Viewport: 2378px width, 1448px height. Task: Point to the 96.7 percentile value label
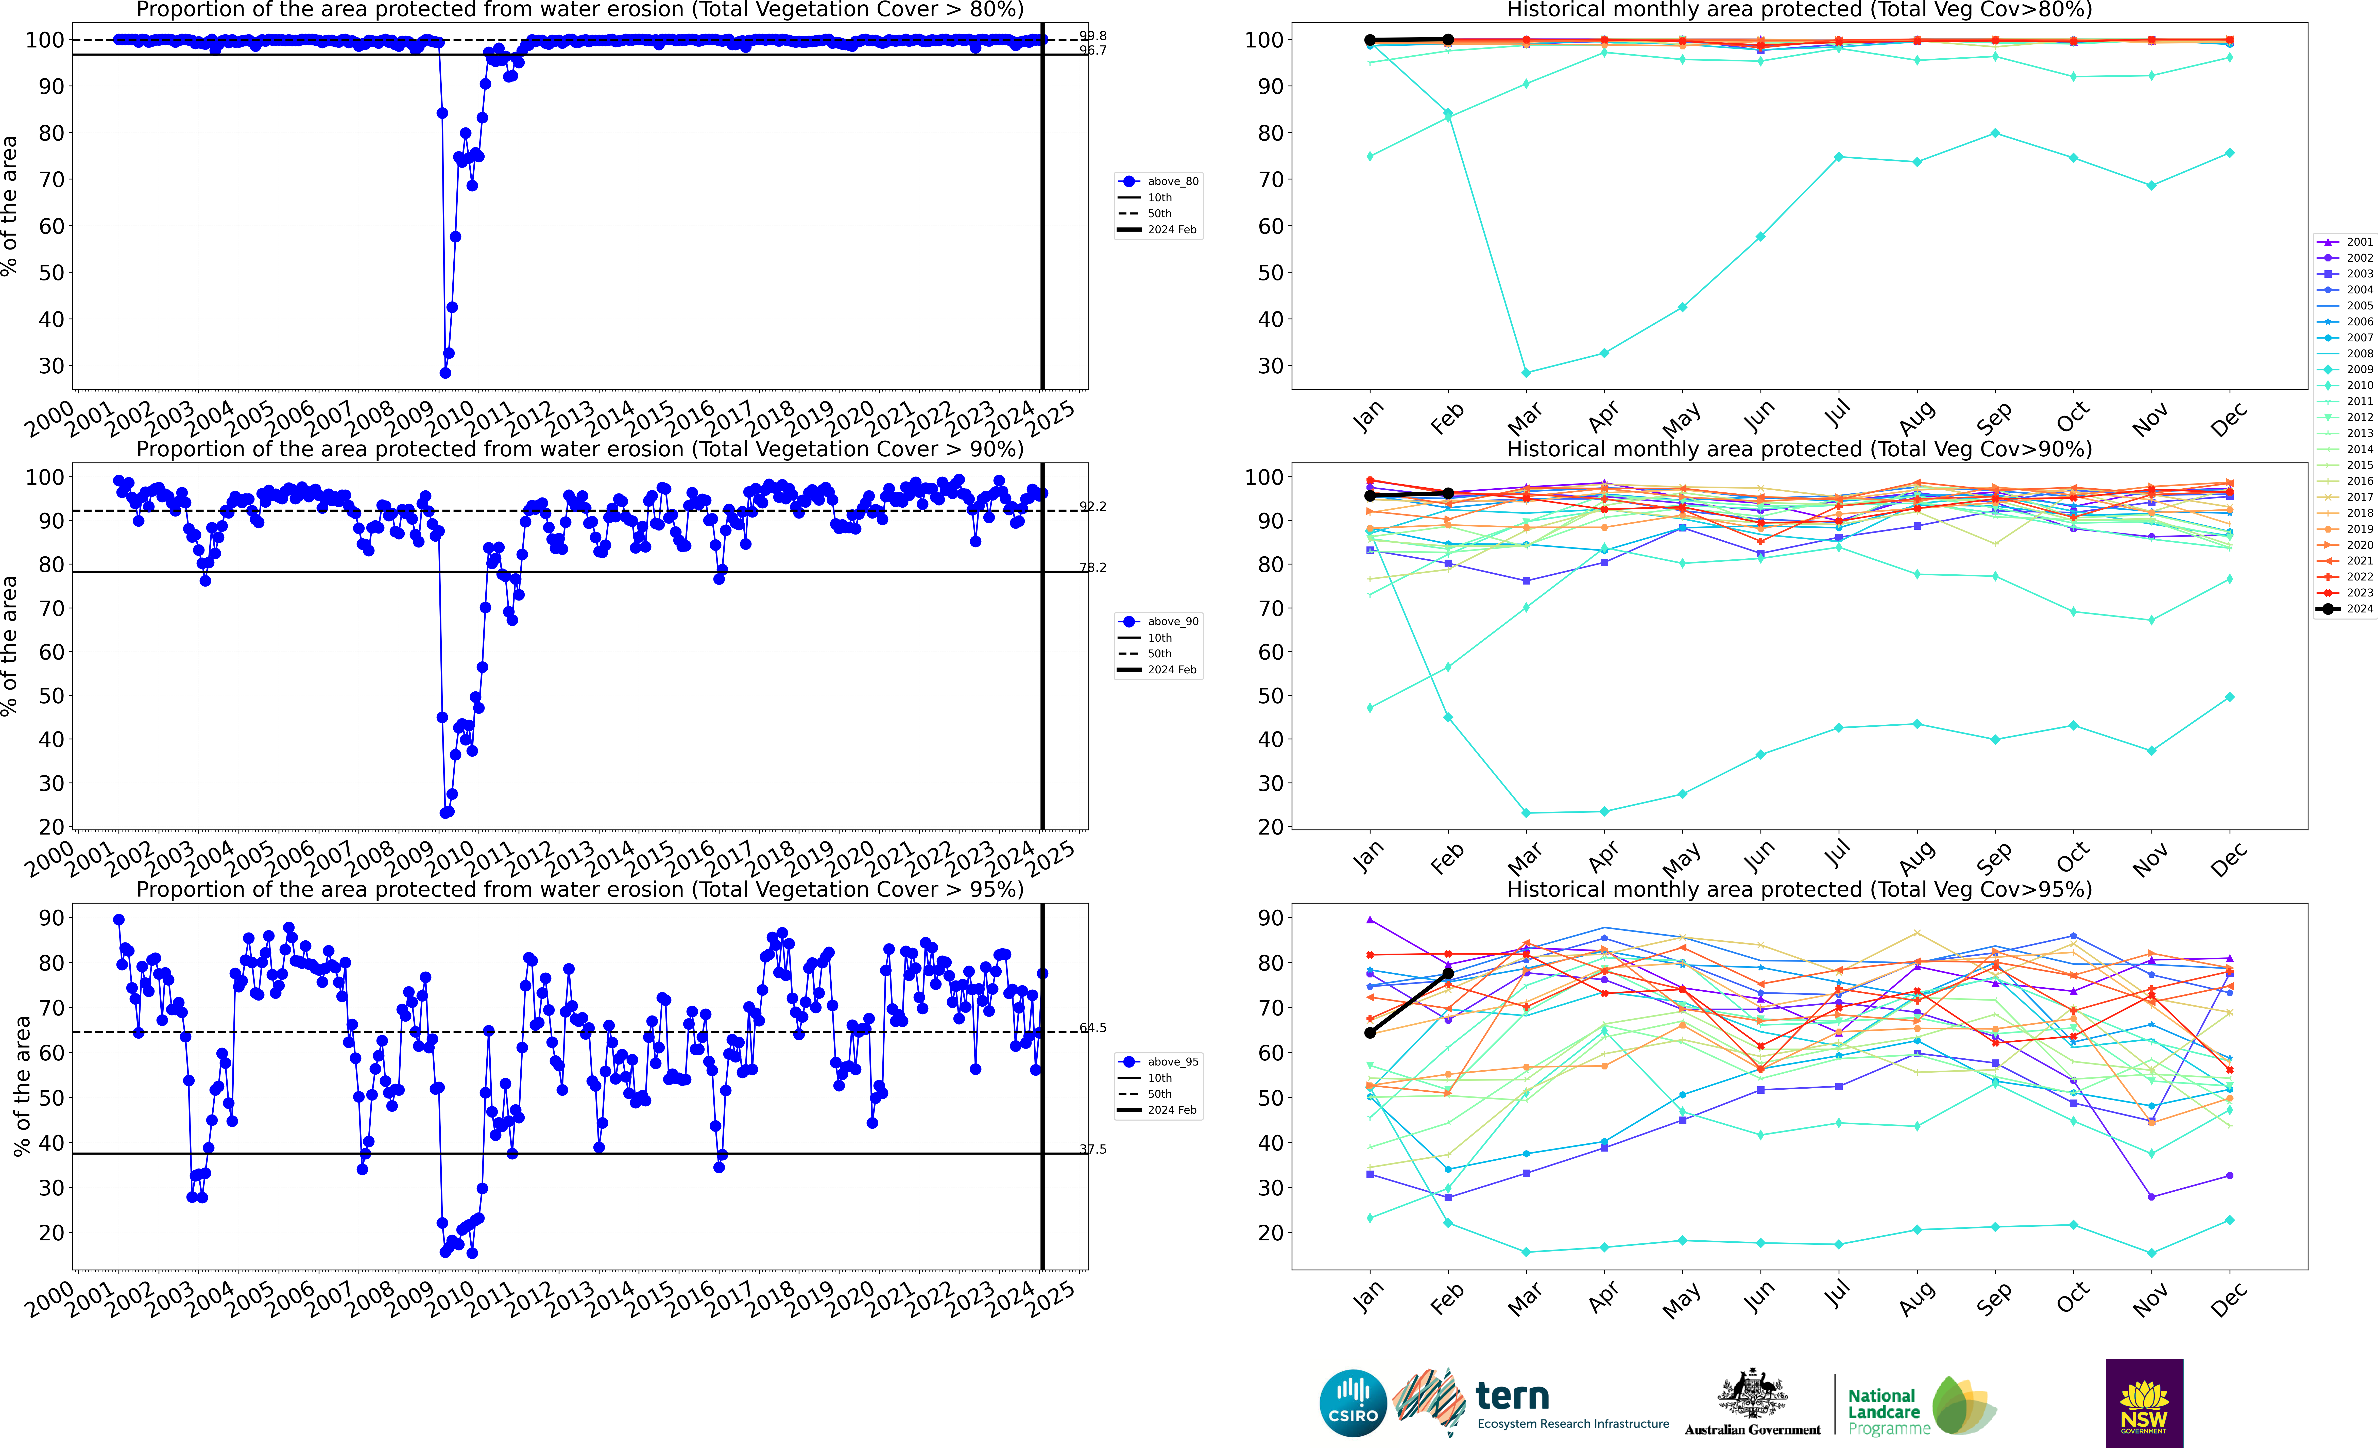point(1092,50)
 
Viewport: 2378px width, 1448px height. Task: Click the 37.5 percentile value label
point(1092,1149)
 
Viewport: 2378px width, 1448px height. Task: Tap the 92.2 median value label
point(1092,506)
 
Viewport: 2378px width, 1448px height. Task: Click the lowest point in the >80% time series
point(445,373)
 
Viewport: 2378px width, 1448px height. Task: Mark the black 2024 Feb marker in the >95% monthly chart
point(1448,973)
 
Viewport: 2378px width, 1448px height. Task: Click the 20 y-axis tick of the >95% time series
point(51,1233)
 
